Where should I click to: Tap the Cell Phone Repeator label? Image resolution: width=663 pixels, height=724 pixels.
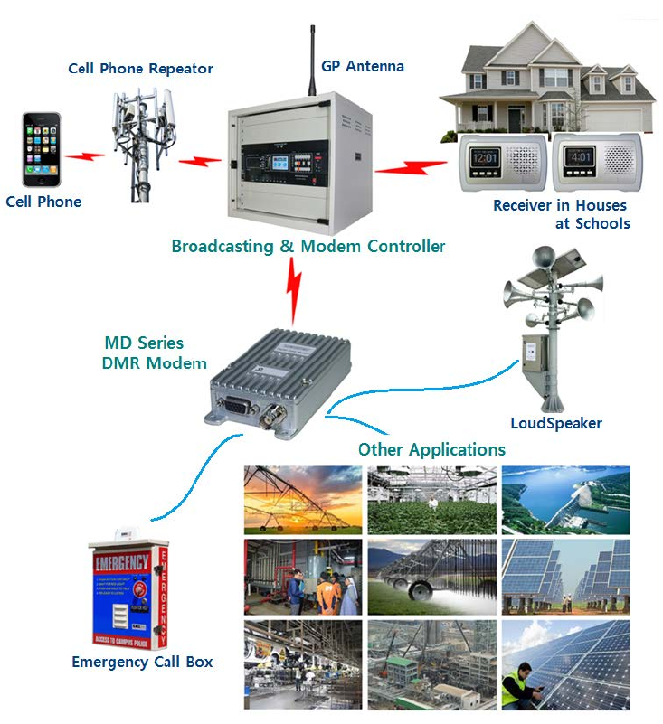tap(141, 69)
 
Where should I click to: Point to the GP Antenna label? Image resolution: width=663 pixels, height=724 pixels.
tap(362, 67)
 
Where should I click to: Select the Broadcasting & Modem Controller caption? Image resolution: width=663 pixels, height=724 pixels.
tap(308, 246)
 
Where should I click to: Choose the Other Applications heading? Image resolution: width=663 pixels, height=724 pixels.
tap(431, 449)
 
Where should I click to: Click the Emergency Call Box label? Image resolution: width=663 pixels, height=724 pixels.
tap(142, 662)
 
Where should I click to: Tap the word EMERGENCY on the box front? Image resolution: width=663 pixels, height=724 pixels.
tap(122, 563)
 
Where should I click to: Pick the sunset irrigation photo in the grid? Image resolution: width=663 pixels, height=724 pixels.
tap(303, 500)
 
